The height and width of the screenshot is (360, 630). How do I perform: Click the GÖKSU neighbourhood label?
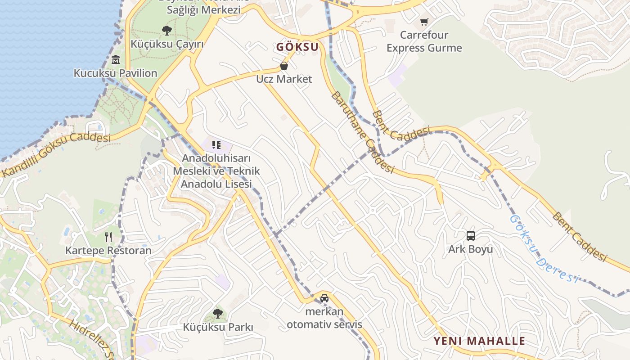tap(297, 47)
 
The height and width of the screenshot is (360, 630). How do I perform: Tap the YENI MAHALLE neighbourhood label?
tap(479, 341)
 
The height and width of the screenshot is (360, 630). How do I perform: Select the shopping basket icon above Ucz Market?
tap(284, 66)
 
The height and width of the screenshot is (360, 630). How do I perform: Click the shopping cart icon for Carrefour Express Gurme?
tap(424, 22)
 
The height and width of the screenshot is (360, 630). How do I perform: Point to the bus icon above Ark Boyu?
tap(470, 235)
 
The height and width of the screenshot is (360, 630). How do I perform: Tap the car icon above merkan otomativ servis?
tap(324, 298)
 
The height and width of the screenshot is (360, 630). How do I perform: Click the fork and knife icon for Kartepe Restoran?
tap(108, 237)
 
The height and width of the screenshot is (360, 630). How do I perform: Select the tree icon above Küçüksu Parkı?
tap(218, 313)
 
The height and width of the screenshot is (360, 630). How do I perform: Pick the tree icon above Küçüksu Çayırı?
tap(167, 31)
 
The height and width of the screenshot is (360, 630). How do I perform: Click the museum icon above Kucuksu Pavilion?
tap(116, 59)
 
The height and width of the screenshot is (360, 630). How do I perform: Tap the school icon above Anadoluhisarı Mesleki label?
tap(216, 145)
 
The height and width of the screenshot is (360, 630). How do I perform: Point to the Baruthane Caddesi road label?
tap(362, 133)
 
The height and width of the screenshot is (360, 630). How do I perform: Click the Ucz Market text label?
tap(284, 79)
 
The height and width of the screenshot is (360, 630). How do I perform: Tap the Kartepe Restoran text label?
tap(108, 250)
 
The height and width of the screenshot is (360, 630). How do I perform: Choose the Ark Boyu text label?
tap(470, 249)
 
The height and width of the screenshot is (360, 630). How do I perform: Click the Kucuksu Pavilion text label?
tap(116, 73)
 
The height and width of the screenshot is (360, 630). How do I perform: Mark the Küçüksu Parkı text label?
tap(218, 327)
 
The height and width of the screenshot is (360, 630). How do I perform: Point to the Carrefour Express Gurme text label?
tap(424, 41)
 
